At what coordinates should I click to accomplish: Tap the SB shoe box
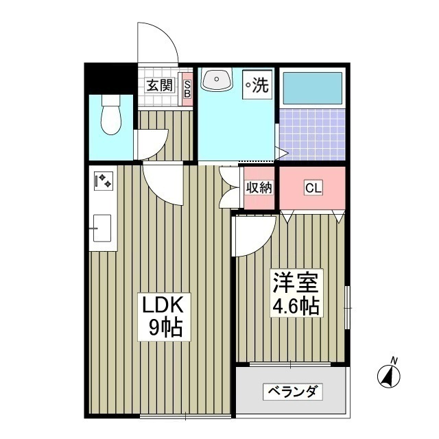[x=186, y=88]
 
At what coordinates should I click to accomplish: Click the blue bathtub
[x=312, y=88]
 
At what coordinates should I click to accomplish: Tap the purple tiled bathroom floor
[x=312, y=134]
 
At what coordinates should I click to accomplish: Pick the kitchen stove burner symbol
[x=104, y=181]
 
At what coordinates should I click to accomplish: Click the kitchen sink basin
[x=102, y=226]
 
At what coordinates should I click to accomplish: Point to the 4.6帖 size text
[x=296, y=307]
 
